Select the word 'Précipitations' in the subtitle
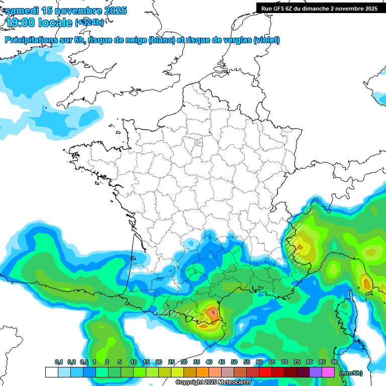coord(30,40)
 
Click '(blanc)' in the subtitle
coord(161,40)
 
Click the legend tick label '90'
coord(335,362)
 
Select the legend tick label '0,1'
coord(58,362)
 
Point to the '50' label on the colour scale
coord(234,362)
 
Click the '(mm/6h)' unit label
coord(351,373)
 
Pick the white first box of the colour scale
coord(51,372)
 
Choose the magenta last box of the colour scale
coord(328,372)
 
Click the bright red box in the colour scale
coord(265,372)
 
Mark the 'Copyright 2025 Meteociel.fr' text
coord(213,382)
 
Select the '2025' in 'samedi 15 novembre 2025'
coord(113,11)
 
